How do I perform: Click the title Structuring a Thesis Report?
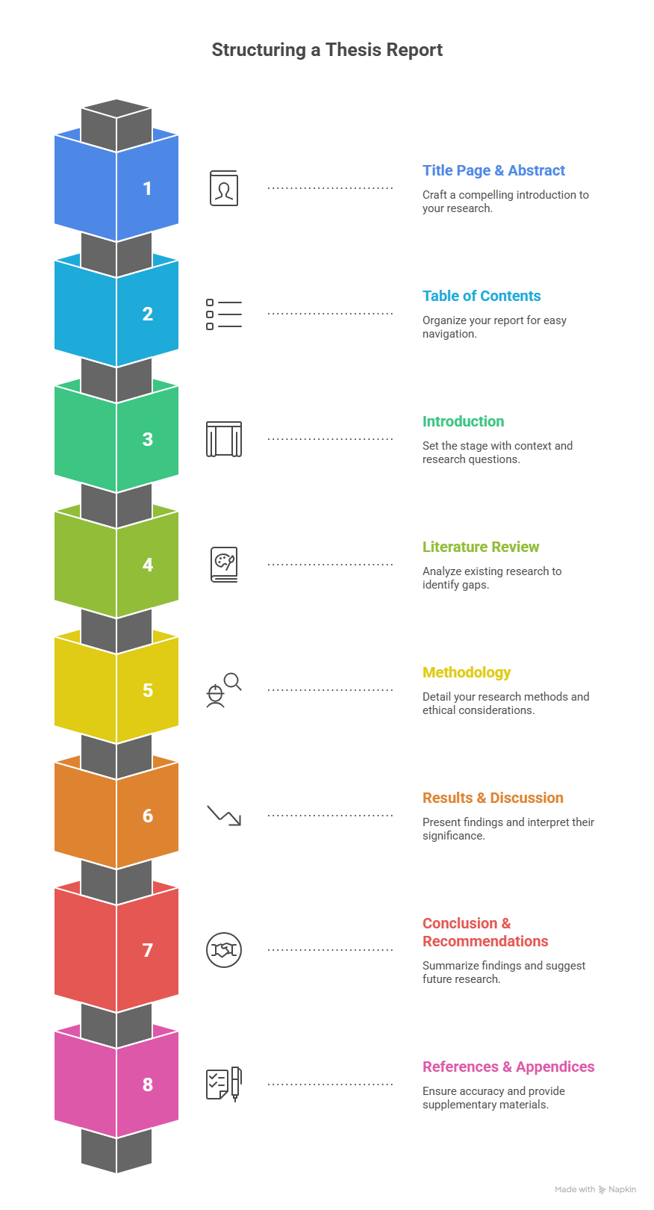pyautogui.click(x=327, y=50)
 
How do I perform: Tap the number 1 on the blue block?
pyautogui.click(x=147, y=188)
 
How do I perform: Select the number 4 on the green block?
pyautogui.click(x=147, y=565)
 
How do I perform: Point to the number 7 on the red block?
pyautogui.click(x=147, y=949)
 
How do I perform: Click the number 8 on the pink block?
pyautogui.click(x=147, y=1084)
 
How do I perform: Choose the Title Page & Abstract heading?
pyautogui.click(x=493, y=171)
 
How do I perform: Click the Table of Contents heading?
pyautogui.click(x=482, y=296)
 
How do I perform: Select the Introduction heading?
pyautogui.click(x=463, y=421)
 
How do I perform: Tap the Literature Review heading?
pyautogui.click(x=481, y=547)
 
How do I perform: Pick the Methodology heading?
pyautogui.click(x=467, y=672)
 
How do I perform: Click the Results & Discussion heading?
pyautogui.click(x=493, y=798)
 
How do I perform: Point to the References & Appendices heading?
pyautogui.click(x=508, y=1067)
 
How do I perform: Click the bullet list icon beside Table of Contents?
pyautogui.click(x=224, y=314)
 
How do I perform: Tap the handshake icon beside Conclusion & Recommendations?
pyautogui.click(x=223, y=949)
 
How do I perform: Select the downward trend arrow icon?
pyautogui.click(x=224, y=815)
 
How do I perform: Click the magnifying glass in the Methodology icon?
pyautogui.click(x=233, y=682)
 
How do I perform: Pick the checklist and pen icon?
pyautogui.click(x=224, y=1084)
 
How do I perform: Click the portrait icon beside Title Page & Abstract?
pyautogui.click(x=224, y=188)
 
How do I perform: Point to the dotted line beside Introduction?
pyautogui.click(x=330, y=439)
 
